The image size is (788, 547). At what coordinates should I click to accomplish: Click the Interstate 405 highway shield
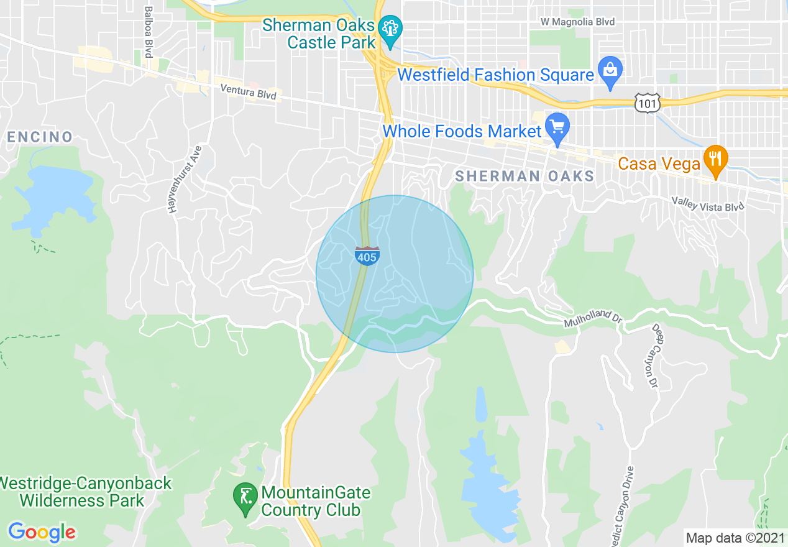pos(367,255)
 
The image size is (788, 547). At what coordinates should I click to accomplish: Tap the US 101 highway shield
pos(647,103)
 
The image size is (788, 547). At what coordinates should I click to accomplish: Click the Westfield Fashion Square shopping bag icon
pos(610,71)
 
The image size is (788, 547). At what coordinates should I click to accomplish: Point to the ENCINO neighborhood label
pos(40,137)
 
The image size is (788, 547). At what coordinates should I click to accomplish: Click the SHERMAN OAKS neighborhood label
pos(525,176)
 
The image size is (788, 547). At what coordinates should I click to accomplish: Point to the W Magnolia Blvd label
pos(577,22)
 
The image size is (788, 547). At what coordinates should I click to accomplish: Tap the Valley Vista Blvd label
pos(707,203)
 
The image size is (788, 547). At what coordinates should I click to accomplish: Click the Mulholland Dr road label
pos(593,319)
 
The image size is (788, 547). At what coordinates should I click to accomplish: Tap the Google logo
pos(42,532)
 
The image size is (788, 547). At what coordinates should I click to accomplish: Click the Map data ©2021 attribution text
pos(735,538)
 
